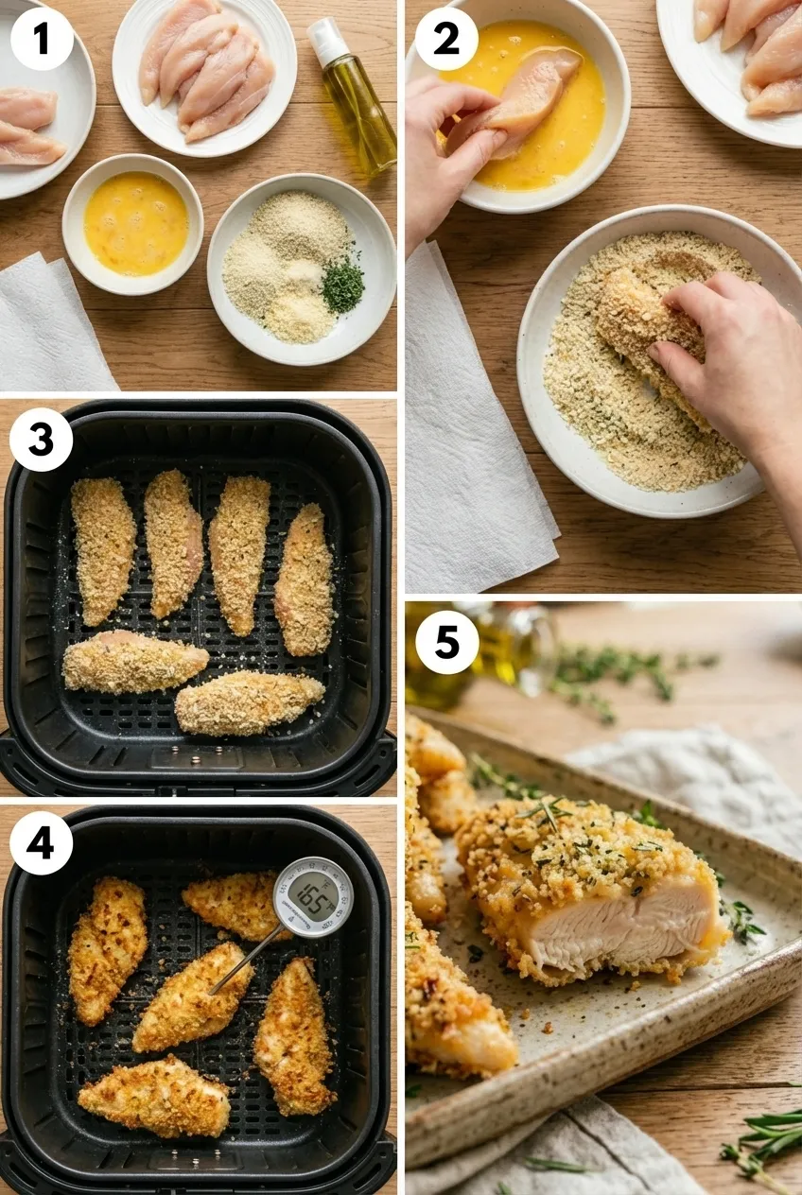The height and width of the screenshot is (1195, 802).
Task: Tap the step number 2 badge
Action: click(x=445, y=38)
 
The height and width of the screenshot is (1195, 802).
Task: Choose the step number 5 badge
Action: click(x=445, y=642)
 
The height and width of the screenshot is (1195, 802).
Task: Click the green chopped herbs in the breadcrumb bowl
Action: click(x=342, y=286)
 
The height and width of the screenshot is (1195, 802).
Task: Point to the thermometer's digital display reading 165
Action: click(x=312, y=894)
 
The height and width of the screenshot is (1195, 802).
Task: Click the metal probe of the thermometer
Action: click(x=245, y=960)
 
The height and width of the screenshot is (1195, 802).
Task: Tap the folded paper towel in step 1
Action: click(x=52, y=326)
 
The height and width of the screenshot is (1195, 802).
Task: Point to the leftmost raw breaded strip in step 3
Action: click(x=103, y=548)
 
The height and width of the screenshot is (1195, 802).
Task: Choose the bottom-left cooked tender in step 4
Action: click(x=153, y=1096)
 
